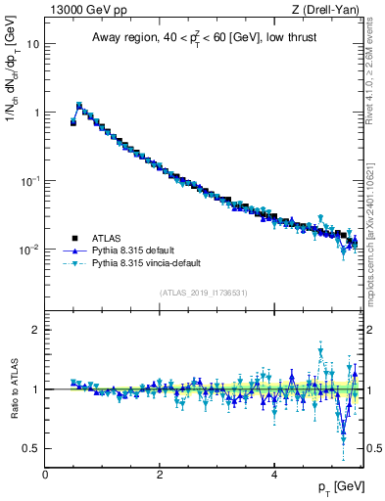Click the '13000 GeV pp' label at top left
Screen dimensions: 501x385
point(83,10)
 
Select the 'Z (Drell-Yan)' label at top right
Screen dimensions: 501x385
point(327,10)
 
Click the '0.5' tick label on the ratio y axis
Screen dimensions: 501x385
point(29,448)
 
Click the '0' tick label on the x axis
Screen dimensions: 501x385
point(45,475)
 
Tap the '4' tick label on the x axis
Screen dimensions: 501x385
point(273,475)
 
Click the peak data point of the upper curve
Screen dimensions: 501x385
point(79,105)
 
